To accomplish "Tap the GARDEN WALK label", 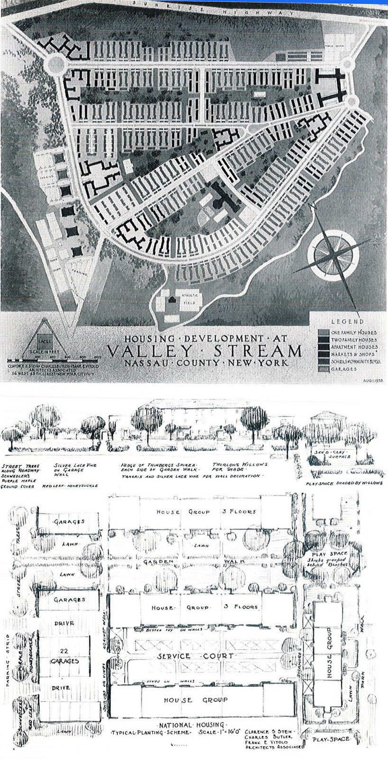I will point(199,561).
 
